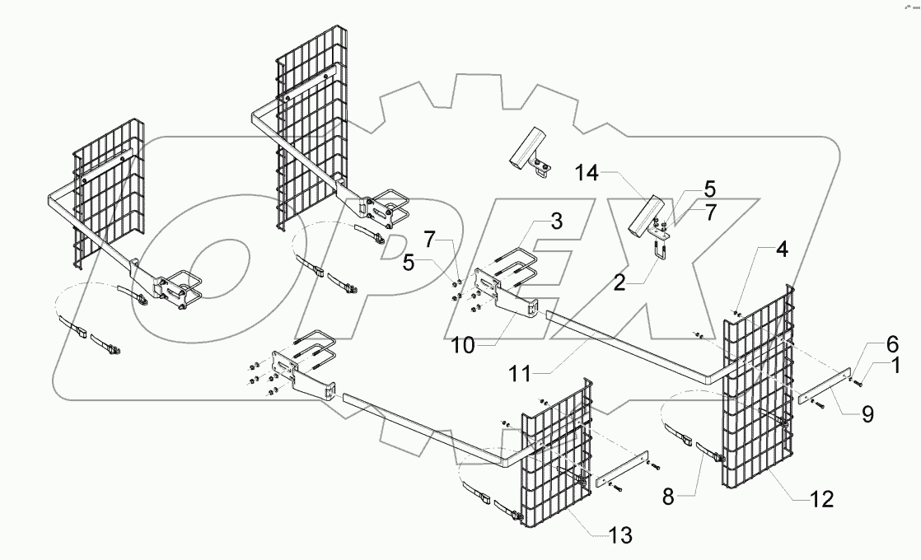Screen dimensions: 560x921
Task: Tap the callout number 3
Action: coord(557,221)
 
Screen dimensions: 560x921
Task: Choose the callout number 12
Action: coord(822,499)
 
